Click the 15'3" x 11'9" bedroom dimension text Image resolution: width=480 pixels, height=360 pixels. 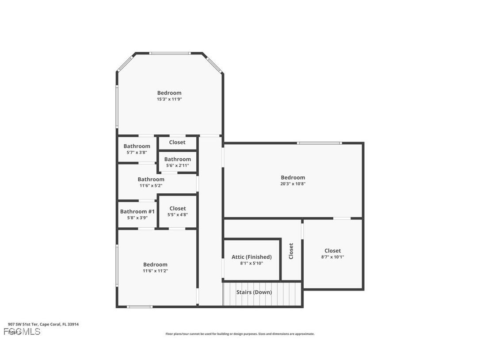[x=169, y=100]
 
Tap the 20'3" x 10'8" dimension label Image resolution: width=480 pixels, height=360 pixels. [x=293, y=184]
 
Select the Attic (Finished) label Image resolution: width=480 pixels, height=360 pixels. [x=251, y=257]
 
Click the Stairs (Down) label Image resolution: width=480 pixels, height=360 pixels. [x=254, y=292]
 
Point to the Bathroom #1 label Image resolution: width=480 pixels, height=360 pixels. [x=137, y=212]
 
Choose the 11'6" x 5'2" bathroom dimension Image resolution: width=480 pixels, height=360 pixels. [x=151, y=186]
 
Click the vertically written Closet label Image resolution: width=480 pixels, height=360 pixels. [x=291, y=251]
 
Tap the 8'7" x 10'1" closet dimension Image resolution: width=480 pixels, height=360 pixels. [x=332, y=257]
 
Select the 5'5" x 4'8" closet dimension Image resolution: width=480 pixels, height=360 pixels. [x=177, y=215]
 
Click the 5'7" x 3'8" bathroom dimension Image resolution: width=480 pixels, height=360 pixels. [x=137, y=153]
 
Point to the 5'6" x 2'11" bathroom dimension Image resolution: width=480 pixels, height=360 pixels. [x=177, y=166]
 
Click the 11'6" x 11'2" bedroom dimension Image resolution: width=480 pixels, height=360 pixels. [x=155, y=271]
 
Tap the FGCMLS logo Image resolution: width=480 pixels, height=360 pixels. [x=22, y=332]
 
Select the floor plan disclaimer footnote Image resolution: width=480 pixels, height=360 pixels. [x=240, y=334]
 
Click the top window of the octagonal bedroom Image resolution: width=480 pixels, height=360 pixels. [x=170, y=54]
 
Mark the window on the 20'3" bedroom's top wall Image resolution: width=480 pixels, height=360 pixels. [x=319, y=143]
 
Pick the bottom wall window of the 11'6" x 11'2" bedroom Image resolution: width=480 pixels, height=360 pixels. [x=140, y=306]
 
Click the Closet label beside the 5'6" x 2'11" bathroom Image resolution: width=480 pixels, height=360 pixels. [x=177, y=142]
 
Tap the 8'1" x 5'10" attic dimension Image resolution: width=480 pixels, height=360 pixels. [x=251, y=264]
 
